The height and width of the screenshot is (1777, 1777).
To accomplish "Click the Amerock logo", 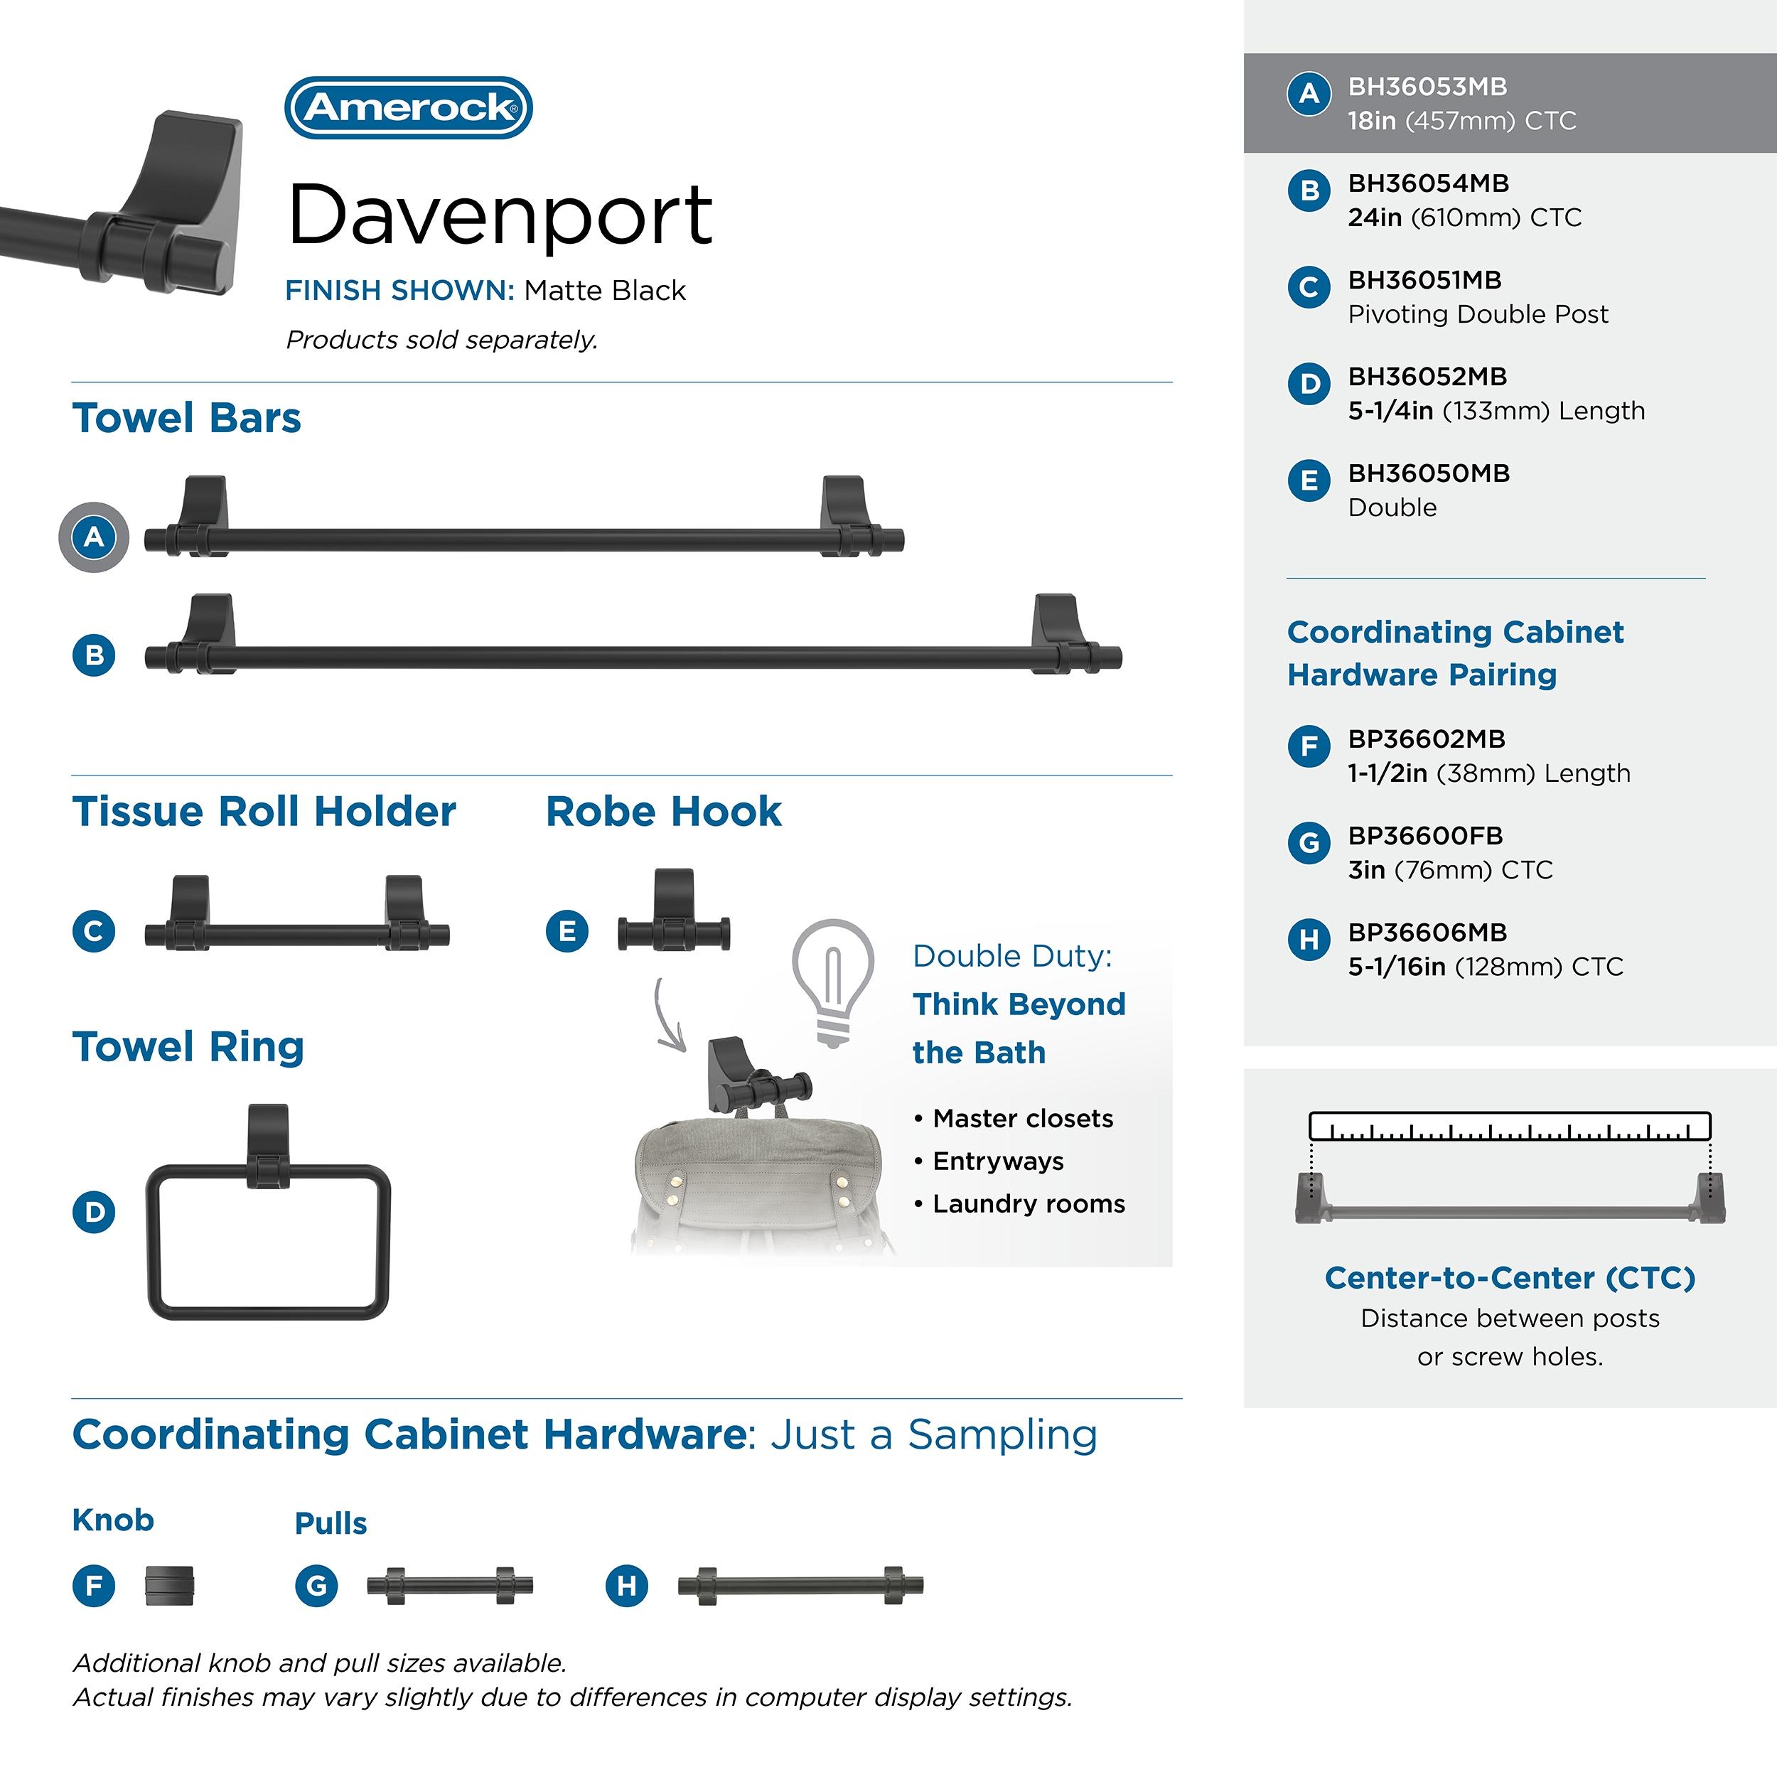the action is pyautogui.click(x=409, y=107).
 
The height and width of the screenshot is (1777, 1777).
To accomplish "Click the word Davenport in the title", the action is pyautogui.click(x=500, y=216).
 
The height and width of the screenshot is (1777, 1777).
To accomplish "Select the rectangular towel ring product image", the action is pyautogui.click(x=269, y=1211).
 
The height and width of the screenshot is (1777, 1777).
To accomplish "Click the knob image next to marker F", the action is pyautogui.click(x=169, y=1585).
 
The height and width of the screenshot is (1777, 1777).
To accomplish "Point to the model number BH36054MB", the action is pyautogui.click(x=1429, y=183).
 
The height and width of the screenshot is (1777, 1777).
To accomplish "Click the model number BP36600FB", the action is pyautogui.click(x=1424, y=835).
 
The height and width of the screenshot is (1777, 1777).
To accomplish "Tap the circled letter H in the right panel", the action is pyautogui.click(x=1309, y=939).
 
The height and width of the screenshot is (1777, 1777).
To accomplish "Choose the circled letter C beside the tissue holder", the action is pyautogui.click(x=94, y=931).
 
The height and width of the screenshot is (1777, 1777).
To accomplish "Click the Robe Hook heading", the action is pyautogui.click(x=663, y=811).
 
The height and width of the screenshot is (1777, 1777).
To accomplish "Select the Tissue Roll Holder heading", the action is pyautogui.click(x=264, y=811).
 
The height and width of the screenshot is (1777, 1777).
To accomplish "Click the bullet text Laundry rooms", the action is pyautogui.click(x=1029, y=1203).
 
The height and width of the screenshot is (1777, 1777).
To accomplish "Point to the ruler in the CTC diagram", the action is pyautogui.click(x=1509, y=1126).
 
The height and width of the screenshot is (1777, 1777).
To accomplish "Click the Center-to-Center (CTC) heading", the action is pyautogui.click(x=1509, y=1277).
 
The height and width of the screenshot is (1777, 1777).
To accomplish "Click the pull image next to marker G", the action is pyautogui.click(x=450, y=1585).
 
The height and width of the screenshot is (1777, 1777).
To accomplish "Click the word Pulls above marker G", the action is pyautogui.click(x=331, y=1523).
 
